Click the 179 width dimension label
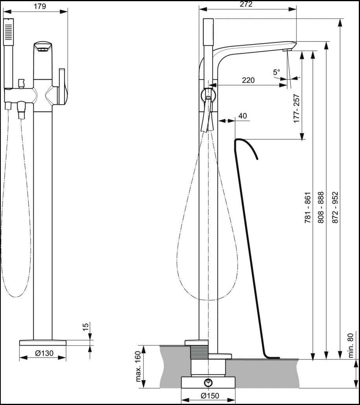tap(40, 6)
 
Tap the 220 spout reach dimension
tap(248, 80)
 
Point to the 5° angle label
tap(277, 72)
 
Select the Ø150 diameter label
tap(209, 396)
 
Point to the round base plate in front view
tap(43, 342)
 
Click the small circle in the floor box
tap(207, 382)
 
